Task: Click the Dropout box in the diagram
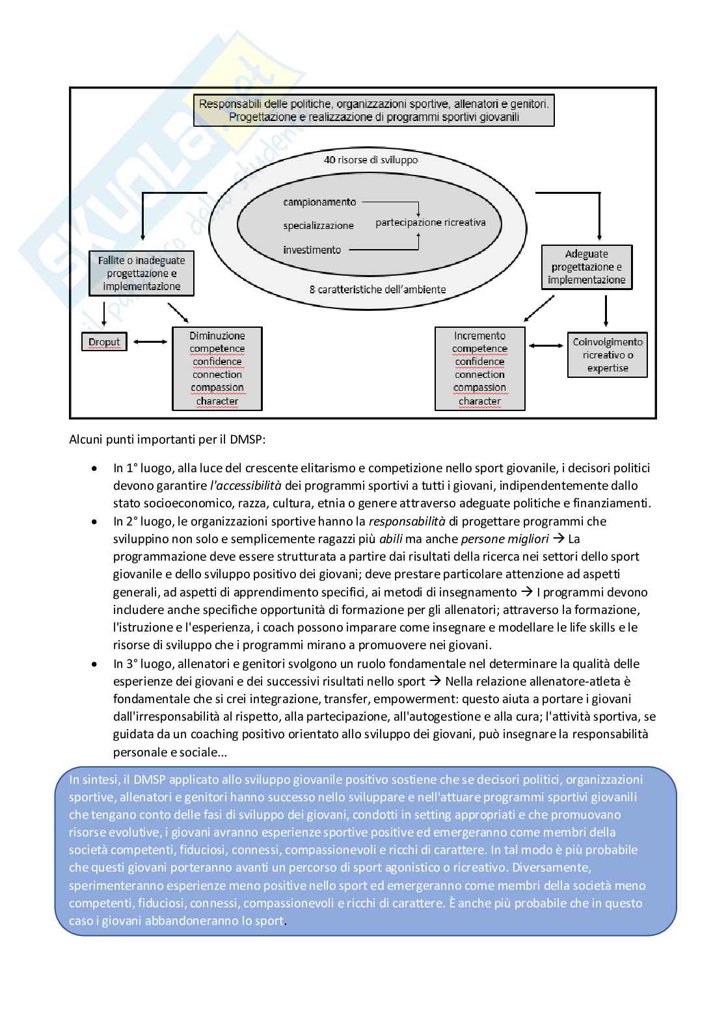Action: [104, 342]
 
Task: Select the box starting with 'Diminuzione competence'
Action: [217, 368]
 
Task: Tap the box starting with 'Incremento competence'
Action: [479, 368]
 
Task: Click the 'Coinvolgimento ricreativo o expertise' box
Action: [608, 355]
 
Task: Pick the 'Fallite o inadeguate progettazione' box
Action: [141, 273]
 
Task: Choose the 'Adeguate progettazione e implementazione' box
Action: [587, 267]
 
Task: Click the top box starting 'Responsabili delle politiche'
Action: [373, 110]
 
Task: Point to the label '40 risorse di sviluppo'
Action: [371, 159]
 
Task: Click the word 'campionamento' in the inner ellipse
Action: [319, 202]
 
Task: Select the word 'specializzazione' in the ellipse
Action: [318, 226]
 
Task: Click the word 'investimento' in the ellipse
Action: [312, 250]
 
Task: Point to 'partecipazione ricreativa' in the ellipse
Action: [431, 222]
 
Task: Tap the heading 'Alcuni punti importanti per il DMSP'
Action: [167, 439]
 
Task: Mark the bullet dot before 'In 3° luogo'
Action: [95, 664]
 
